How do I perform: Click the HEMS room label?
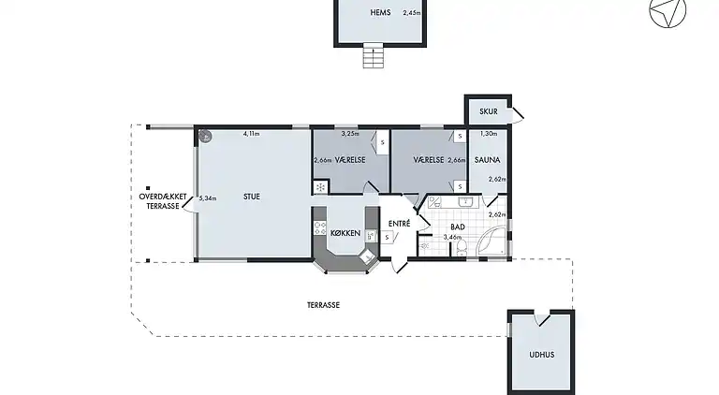tap(380, 12)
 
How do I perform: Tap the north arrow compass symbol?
tap(668, 11)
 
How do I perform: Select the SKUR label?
tap(489, 111)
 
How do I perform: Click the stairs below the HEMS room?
tap(374, 55)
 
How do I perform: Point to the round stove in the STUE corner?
tap(205, 136)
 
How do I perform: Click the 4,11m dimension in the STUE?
tap(251, 134)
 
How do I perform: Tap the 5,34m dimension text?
tap(208, 198)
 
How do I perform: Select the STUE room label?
tap(252, 197)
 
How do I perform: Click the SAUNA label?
tap(487, 160)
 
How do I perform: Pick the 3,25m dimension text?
tap(350, 134)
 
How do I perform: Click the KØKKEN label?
tap(345, 233)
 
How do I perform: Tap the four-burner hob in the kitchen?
tap(319, 228)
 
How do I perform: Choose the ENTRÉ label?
tap(399, 224)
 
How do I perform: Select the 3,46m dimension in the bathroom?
tap(452, 238)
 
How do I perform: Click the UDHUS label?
tap(541, 355)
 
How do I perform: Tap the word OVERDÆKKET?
tap(163, 197)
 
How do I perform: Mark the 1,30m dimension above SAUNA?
tap(489, 134)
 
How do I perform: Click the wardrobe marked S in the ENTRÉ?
tap(387, 238)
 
